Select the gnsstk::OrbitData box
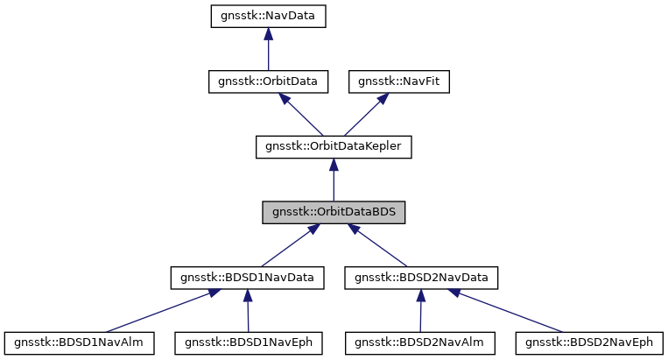click(x=268, y=81)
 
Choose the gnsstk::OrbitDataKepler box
click(x=333, y=147)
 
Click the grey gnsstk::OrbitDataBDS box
click(x=333, y=213)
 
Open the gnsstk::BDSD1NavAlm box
click(x=80, y=342)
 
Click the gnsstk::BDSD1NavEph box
click(x=250, y=342)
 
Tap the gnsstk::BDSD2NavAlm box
click(x=419, y=342)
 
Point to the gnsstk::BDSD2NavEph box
click(x=589, y=342)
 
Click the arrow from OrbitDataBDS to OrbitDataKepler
click(x=333, y=180)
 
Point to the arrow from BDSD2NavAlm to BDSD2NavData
click(x=421, y=312)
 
